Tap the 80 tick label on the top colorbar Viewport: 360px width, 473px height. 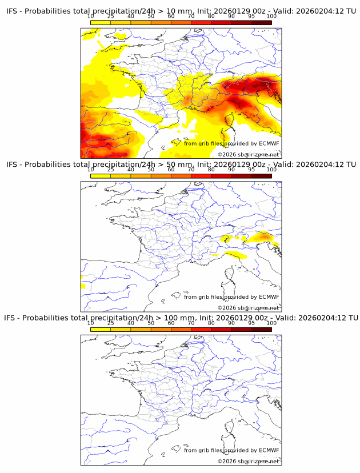click(x=211, y=17)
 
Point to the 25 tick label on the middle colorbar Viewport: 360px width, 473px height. click(x=111, y=170)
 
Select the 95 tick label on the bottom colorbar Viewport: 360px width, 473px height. click(x=251, y=323)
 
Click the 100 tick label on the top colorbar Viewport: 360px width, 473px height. click(x=271, y=17)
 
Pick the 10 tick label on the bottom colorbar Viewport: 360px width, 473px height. click(x=91, y=323)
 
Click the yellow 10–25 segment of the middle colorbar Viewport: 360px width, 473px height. click(x=101, y=176)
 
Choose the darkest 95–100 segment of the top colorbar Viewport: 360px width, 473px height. click(x=261, y=23)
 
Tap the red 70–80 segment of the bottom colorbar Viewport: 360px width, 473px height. click(x=201, y=330)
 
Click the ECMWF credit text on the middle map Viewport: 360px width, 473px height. click(x=231, y=297)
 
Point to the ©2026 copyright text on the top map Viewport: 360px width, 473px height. click(x=248, y=155)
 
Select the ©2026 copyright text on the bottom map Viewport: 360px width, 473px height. click(x=248, y=461)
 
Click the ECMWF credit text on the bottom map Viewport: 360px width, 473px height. click(x=231, y=450)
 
